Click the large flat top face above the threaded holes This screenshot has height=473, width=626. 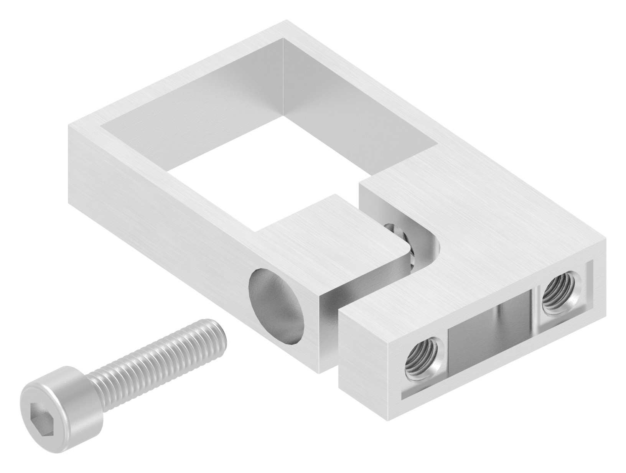[479, 230]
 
